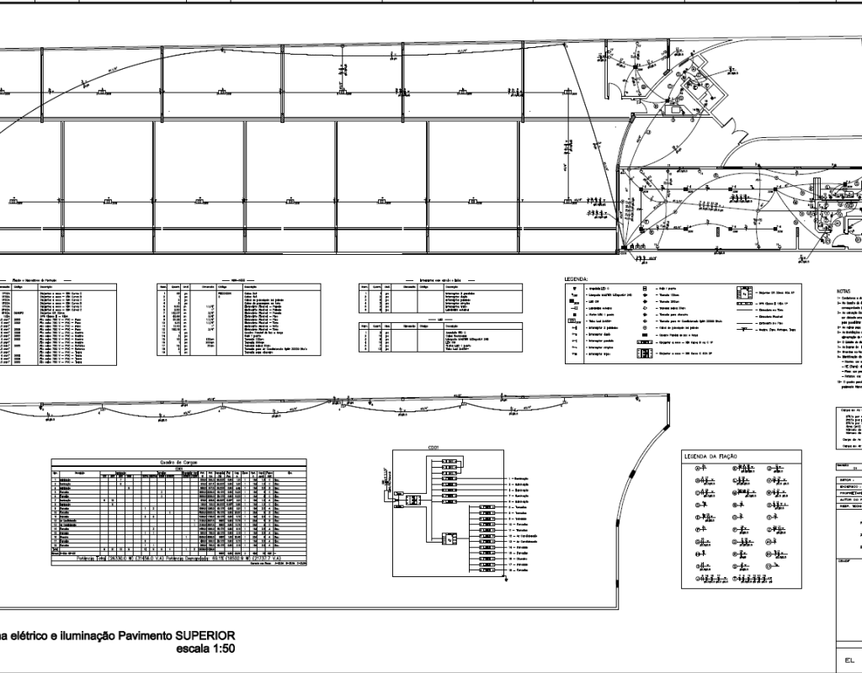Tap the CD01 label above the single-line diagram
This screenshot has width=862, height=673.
(434, 448)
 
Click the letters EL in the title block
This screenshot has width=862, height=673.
(849, 661)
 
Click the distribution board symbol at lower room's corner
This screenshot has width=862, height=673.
(624, 247)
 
